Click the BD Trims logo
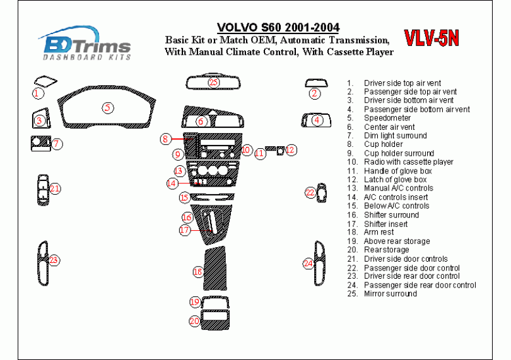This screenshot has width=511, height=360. (x=86, y=44)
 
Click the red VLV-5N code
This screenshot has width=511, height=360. (x=431, y=38)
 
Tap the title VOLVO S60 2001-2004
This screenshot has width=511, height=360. (x=278, y=27)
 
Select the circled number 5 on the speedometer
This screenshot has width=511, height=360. (x=108, y=107)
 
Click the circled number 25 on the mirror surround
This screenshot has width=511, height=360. (x=214, y=83)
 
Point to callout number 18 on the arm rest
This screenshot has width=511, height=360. (x=197, y=272)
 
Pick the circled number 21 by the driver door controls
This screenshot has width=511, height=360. (x=55, y=189)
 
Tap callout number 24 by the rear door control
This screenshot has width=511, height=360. (x=308, y=264)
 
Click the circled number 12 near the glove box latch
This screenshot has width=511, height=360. (x=290, y=150)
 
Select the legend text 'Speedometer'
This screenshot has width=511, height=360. (x=387, y=118)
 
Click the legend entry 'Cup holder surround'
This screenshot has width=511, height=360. (x=398, y=153)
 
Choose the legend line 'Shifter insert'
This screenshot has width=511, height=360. (x=385, y=224)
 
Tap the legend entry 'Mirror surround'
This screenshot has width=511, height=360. (x=390, y=293)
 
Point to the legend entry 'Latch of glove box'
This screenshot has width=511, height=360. (x=395, y=180)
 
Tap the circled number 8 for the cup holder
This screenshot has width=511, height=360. (x=165, y=139)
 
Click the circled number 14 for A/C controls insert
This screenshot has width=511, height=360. (x=172, y=183)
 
